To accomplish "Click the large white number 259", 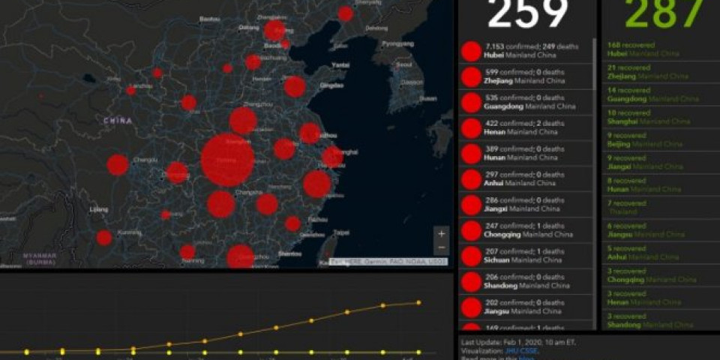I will [x=526, y=13].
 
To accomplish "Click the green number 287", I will [x=664, y=13].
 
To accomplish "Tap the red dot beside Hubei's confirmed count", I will [x=471, y=52].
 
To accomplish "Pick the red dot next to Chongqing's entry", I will [x=471, y=230].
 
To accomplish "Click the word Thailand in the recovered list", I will [x=623, y=212].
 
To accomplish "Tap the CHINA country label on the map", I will [x=118, y=121].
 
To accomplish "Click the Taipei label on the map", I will [x=341, y=233].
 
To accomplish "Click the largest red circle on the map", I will [x=227, y=160].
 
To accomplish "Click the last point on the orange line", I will [x=418, y=303].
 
